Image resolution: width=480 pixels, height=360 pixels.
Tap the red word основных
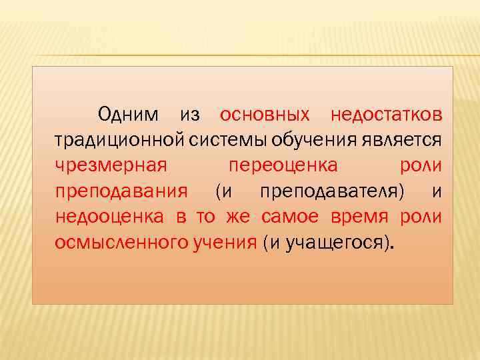pos(265,115)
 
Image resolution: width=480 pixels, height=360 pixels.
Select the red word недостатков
pos(386,115)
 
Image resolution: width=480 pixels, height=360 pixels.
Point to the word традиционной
pos(111,140)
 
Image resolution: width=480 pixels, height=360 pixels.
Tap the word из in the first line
pos(190,115)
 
